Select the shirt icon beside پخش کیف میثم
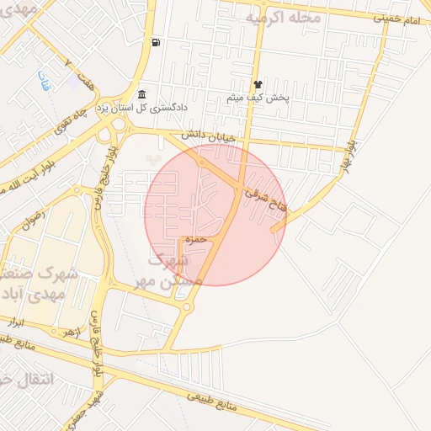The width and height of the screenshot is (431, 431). coord(258,84)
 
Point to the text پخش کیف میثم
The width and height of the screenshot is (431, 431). coord(258,98)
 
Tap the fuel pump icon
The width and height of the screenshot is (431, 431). coord(157,42)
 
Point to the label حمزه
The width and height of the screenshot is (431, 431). coord(195,240)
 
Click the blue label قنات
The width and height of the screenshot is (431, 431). coord(42,82)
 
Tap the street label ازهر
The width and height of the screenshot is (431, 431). coord(73,332)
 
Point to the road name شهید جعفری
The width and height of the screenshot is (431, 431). coord(98,408)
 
